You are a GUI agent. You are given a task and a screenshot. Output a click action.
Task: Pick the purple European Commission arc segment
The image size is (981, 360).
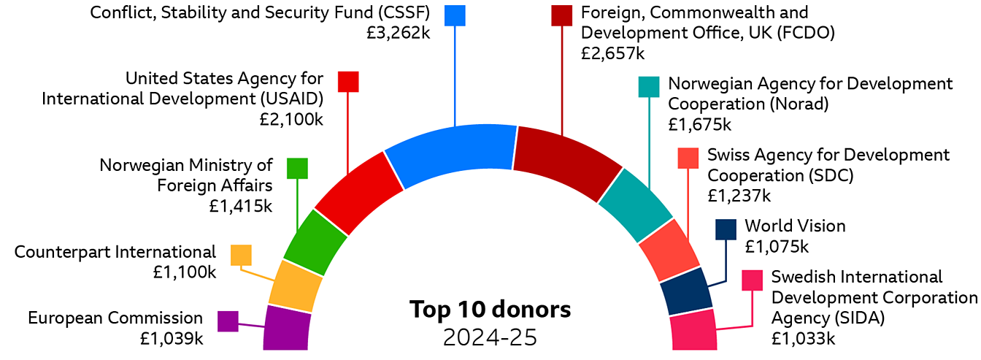(x=287, y=329)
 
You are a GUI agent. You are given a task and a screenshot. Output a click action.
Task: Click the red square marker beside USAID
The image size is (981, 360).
(x=348, y=81)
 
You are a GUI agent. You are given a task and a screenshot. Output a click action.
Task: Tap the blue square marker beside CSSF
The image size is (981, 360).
(x=455, y=15)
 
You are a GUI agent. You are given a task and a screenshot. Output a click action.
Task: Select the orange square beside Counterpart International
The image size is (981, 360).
(x=241, y=256)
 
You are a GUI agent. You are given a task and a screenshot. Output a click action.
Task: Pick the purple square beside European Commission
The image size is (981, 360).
(x=228, y=321)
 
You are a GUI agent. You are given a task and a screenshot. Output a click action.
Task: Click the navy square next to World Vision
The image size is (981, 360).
(x=726, y=229)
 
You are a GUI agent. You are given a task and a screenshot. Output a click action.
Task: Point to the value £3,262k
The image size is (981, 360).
(x=399, y=33)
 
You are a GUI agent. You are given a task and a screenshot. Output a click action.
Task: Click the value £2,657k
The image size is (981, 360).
(x=613, y=53)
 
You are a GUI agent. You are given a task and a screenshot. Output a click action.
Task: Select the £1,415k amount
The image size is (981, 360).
(x=241, y=206)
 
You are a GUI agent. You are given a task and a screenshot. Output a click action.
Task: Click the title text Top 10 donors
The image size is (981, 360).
(x=490, y=310)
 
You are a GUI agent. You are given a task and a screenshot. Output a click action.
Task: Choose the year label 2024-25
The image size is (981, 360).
(x=490, y=337)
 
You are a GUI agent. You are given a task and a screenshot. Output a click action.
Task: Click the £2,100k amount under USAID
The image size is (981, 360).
(x=291, y=119)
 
